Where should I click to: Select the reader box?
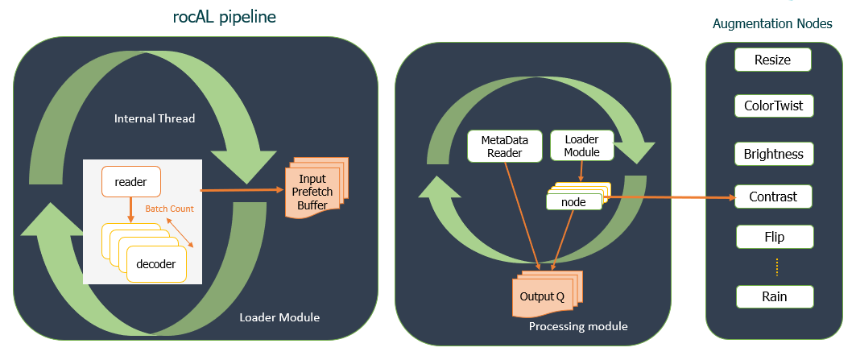click(130, 182)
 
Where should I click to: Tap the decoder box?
click(155, 263)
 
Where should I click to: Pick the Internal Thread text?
click(155, 119)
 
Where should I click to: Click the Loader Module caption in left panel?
click(279, 317)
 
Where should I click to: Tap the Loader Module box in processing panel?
click(581, 146)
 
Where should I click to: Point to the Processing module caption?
click(577, 326)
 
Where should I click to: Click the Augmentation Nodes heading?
click(772, 23)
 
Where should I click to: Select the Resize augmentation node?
click(772, 60)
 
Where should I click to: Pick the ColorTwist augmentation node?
click(773, 106)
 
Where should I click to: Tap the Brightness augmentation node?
click(773, 153)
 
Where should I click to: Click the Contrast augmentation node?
click(773, 197)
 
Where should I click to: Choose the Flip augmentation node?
click(774, 237)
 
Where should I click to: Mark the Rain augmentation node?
click(774, 296)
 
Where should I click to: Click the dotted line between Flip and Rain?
click(776, 266)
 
